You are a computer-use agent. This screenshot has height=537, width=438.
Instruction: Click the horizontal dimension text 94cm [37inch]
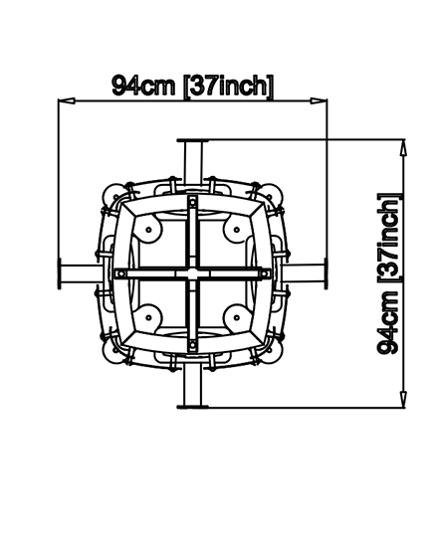[193, 86]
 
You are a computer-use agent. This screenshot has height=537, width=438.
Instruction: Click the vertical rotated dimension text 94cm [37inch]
[388, 273]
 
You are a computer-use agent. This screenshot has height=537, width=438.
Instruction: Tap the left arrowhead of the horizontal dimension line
[67, 100]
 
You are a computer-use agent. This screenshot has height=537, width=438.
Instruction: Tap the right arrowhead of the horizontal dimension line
[319, 100]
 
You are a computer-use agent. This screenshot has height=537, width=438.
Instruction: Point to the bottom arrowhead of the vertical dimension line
[404, 400]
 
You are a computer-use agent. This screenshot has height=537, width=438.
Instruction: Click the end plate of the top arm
[192, 140]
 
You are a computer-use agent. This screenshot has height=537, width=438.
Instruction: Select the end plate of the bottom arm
[192, 407]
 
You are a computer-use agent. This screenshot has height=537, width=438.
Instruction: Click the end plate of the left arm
[60, 273]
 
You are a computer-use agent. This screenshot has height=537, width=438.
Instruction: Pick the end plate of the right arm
[326, 273]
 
